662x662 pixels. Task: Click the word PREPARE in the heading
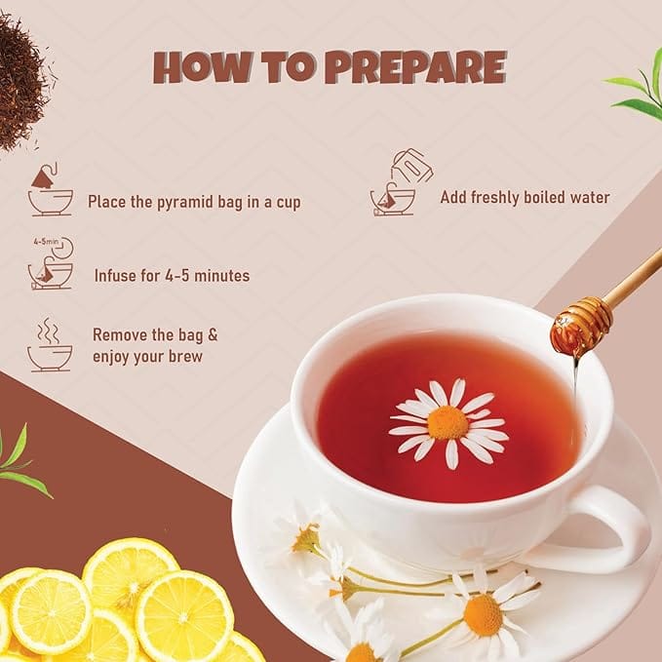click(x=416, y=66)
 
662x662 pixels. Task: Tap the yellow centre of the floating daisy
click(x=448, y=422)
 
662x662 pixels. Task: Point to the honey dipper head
click(x=581, y=325)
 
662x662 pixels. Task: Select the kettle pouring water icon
click(x=401, y=182)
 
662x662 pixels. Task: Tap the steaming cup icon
click(x=50, y=345)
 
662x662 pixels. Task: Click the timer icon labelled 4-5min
click(x=52, y=263)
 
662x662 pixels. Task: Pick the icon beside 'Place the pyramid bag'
click(x=50, y=189)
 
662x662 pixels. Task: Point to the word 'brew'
click(x=185, y=356)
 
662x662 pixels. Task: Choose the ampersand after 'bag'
click(x=213, y=334)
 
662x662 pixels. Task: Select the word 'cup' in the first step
click(x=289, y=203)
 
